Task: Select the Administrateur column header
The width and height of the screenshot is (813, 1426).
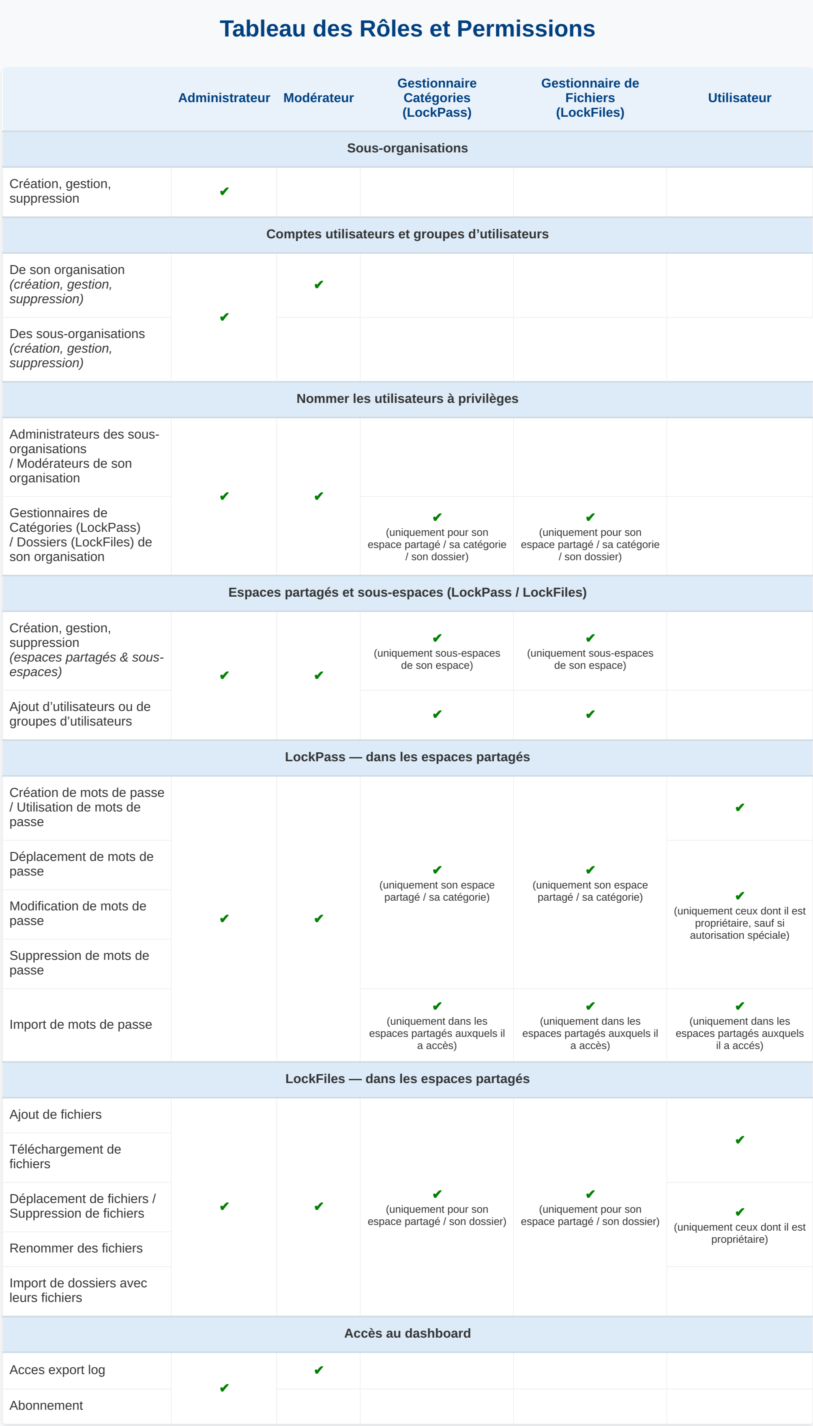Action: pos(224,98)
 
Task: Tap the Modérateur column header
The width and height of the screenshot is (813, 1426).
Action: pos(318,98)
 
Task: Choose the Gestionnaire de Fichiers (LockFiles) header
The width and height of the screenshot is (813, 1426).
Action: pos(590,98)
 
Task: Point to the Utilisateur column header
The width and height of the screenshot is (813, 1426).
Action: pos(739,98)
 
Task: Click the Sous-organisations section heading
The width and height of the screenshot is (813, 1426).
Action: pos(407,148)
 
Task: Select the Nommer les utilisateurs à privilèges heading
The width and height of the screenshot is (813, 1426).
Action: pos(407,398)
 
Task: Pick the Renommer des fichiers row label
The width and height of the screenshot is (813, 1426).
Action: pos(76,1248)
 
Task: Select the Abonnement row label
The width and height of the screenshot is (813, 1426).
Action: pos(46,1405)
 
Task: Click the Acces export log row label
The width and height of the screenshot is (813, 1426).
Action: pos(57,1370)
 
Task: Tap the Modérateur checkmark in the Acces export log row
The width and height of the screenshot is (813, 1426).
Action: pos(319,1370)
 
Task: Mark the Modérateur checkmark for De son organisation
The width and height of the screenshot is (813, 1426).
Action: pos(319,285)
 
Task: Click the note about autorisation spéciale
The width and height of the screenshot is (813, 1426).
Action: pos(739,923)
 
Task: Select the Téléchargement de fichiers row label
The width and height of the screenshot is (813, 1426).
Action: pos(65,1156)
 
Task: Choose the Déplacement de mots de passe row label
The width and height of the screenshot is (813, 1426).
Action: pos(81,864)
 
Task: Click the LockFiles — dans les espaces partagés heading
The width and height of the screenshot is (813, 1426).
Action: pos(407,1079)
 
